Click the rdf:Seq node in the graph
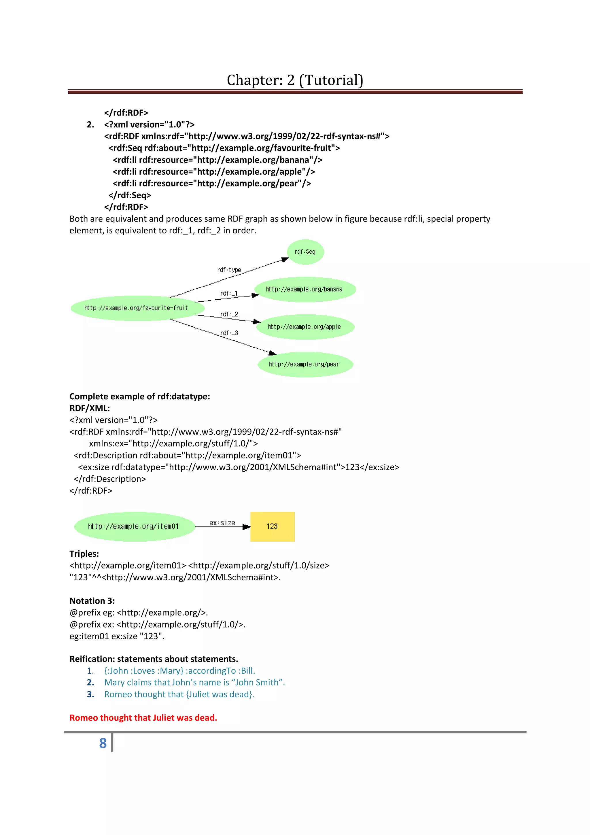coord(305,252)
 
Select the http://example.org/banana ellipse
coord(304,289)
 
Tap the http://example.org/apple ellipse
coord(305,326)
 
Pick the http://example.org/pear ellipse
coord(304,364)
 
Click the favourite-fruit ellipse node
coord(136,308)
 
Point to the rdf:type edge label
coord(229,270)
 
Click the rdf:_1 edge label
coord(229,293)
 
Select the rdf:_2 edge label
coord(229,314)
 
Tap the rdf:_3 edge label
coord(229,333)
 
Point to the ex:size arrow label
coord(222,523)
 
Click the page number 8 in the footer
coord(103,743)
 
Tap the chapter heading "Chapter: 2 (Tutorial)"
coord(295,80)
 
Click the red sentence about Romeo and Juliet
coord(143,717)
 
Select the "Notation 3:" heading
coord(92,601)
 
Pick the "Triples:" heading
coord(84,553)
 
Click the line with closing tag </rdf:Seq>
coord(129,195)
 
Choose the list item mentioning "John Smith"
coord(194,682)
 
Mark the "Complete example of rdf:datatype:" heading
coord(140,396)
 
